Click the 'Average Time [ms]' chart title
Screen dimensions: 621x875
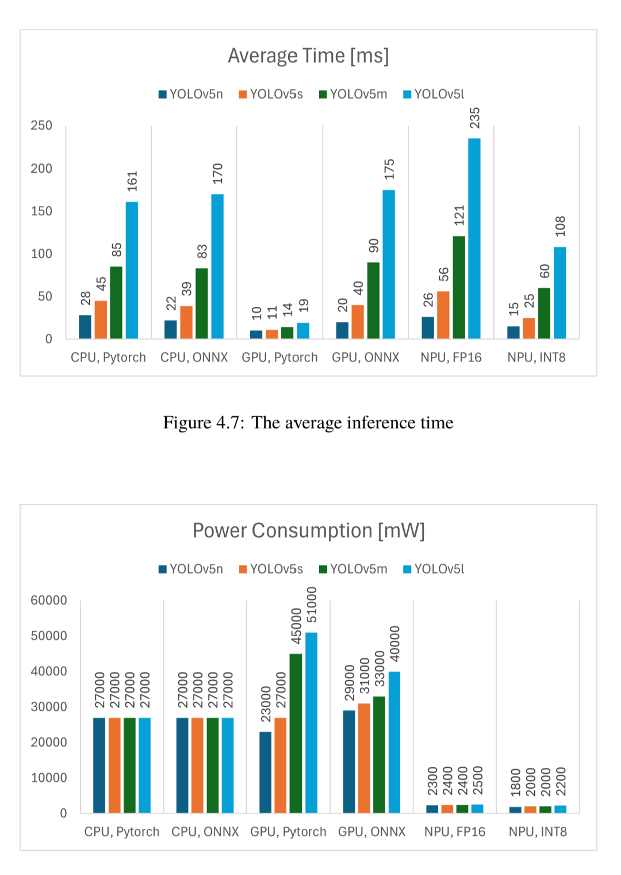click(x=308, y=55)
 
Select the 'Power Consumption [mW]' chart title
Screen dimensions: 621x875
click(x=309, y=531)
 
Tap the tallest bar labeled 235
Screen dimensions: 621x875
click(x=474, y=238)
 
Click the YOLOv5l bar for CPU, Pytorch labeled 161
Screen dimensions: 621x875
click(x=132, y=270)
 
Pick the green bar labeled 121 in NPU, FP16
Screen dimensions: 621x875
click(x=459, y=287)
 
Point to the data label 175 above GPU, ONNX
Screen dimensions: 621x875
click(x=389, y=169)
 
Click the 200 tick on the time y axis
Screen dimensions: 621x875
click(x=41, y=168)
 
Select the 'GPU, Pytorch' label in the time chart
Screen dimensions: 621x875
click(x=279, y=357)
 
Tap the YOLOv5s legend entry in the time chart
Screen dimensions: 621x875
click(x=271, y=94)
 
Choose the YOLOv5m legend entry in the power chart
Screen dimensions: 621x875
click(x=353, y=569)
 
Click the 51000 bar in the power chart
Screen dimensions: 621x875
click(x=311, y=722)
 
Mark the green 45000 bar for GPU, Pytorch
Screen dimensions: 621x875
click(x=296, y=733)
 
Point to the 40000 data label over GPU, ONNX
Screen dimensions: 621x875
click(x=395, y=644)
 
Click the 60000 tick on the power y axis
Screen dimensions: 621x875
click(x=49, y=600)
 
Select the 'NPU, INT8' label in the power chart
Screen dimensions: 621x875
click(x=538, y=832)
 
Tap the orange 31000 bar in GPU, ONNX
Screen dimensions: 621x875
click(x=365, y=758)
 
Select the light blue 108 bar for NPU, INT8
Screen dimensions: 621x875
click(x=559, y=292)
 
